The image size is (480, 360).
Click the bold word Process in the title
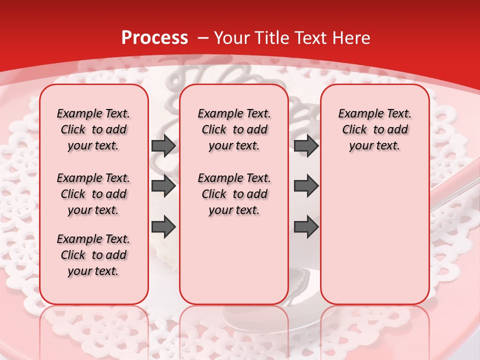click(x=154, y=38)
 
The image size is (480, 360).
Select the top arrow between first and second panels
click(x=163, y=146)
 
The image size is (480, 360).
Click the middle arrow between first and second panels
click(x=163, y=186)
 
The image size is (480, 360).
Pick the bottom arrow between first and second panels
click(x=163, y=227)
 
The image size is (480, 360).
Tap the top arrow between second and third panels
click(x=306, y=146)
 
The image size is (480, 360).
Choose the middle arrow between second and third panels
click(x=306, y=186)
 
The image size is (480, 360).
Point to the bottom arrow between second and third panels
click(x=306, y=227)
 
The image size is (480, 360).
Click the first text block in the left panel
click(x=93, y=129)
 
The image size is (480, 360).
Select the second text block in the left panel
click(x=93, y=194)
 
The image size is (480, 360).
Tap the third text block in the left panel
click(x=93, y=255)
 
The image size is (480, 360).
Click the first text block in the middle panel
click(x=234, y=129)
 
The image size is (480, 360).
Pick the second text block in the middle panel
click(x=234, y=194)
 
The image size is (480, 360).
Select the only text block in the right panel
click(x=374, y=129)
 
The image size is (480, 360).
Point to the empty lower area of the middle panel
click(x=234, y=260)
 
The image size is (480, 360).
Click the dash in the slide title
click(x=203, y=38)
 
